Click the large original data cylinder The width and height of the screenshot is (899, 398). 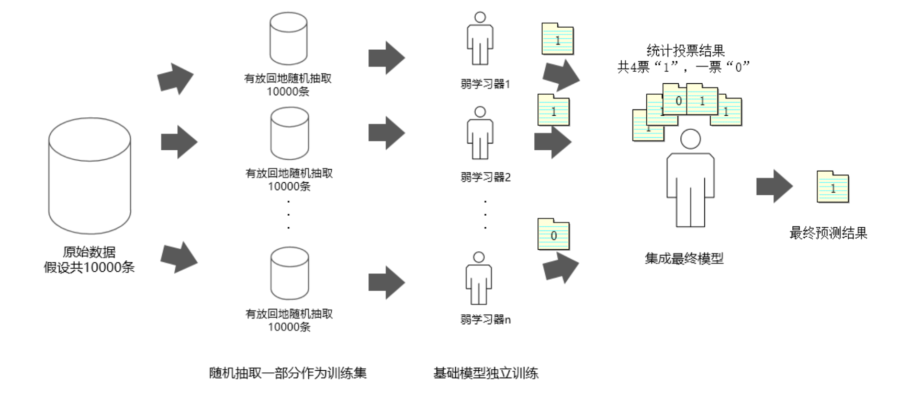[89, 175]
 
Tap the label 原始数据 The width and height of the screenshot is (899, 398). [89, 252]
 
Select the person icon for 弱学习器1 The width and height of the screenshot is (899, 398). [480, 39]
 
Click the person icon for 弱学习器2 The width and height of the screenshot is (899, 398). [480, 133]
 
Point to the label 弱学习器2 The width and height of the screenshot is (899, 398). [485, 178]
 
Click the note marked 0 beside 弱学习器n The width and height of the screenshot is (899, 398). [554, 234]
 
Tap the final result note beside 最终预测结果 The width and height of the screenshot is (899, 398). [833, 187]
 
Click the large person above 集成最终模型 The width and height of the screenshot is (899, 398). [690, 179]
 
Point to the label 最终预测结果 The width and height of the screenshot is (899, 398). [828, 233]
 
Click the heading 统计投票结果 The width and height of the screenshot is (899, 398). [686, 51]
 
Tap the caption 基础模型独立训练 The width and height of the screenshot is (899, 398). [486, 373]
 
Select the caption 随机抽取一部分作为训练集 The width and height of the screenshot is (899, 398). [288, 373]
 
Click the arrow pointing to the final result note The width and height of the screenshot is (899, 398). [774, 186]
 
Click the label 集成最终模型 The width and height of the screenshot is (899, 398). [684, 258]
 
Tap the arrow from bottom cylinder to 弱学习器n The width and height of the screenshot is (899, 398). [386, 282]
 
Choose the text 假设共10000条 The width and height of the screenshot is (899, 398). [89, 268]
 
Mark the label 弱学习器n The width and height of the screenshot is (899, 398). [485, 319]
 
